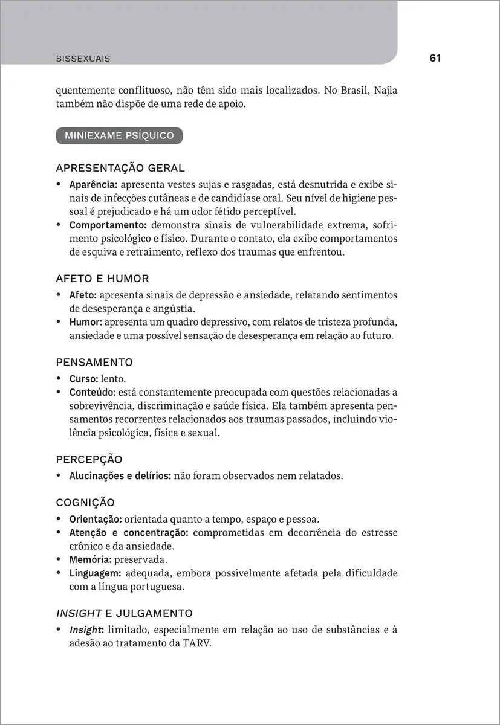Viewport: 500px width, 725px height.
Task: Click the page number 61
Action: point(435,58)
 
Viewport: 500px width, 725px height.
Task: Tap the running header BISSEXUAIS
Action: point(83,59)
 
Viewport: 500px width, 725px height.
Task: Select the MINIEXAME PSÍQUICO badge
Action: point(119,135)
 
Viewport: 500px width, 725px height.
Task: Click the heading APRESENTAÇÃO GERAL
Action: point(120,167)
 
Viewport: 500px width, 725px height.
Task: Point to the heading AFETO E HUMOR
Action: point(102,279)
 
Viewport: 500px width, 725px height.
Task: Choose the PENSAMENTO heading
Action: point(94,362)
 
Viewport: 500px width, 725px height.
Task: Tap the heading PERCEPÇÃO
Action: point(89,459)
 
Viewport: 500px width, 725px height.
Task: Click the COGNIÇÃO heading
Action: point(85,502)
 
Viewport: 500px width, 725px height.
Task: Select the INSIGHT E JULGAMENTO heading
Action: point(124,613)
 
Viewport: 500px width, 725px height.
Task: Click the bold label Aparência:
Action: point(93,184)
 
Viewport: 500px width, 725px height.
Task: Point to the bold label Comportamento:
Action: point(105,225)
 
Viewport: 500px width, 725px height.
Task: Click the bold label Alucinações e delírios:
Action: point(120,476)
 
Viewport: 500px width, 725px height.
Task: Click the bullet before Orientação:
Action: point(59,519)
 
